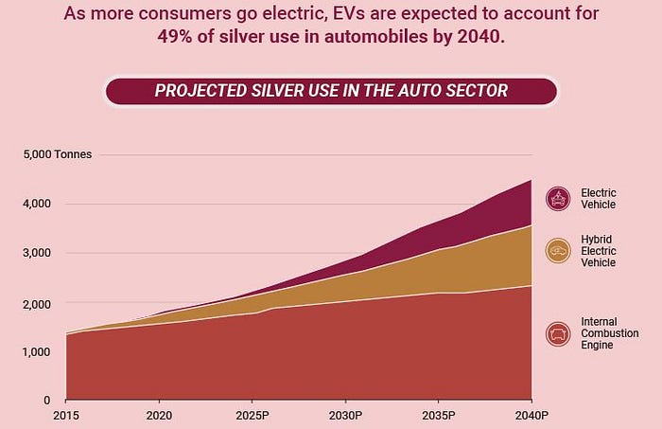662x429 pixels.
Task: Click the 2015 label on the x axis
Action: (66, 416)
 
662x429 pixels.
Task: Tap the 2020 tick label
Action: (159, 416)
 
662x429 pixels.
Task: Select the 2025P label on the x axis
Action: (252, 416)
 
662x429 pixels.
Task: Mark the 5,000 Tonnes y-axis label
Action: (58, 153)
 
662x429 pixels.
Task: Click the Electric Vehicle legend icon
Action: (558, 199)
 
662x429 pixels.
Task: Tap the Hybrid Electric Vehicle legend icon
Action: (558, 250)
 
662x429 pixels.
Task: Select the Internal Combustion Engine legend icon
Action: (558, 333)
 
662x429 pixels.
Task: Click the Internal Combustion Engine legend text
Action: (610, 333)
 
